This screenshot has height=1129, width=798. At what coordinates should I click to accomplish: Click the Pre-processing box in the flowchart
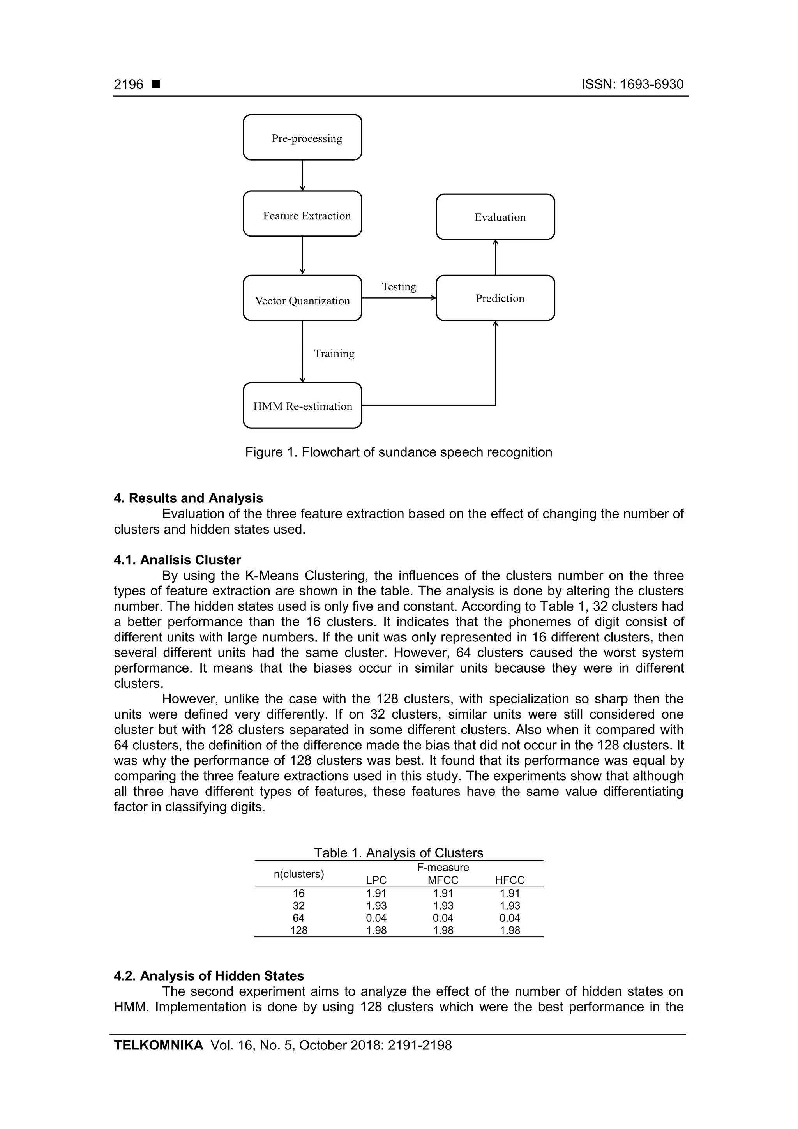[x=302, y=137]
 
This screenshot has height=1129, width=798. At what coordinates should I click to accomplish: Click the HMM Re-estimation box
[x=302, y=406]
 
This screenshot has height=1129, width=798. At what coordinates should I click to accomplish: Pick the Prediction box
[x=495, y=298]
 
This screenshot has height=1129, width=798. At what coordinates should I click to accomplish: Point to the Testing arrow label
[x=399, y=287]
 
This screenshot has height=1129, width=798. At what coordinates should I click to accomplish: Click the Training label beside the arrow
[x=334, y=353]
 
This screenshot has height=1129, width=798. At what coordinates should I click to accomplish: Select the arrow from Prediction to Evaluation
[x=495, y=257]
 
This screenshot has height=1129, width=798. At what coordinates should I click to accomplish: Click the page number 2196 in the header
[x=129, y=85]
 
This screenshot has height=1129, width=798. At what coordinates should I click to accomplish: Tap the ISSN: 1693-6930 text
[x=632, y=85]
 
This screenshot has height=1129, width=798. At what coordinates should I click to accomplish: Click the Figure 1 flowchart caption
[x=399, y=452]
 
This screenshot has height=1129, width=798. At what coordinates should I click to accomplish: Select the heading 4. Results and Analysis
[x=188, y=498]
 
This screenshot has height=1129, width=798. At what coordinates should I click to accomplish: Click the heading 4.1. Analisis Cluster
[x=178, y=560]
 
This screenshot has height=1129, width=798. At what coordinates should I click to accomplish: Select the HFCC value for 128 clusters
[x=510, y=930]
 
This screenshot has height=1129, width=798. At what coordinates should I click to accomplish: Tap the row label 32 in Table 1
[x=298, y=906]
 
